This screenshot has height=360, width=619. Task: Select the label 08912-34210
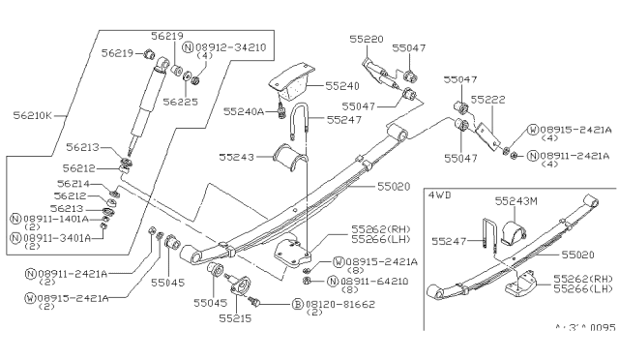click(228, 45)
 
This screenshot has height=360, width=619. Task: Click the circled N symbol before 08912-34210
click(188, 45)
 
